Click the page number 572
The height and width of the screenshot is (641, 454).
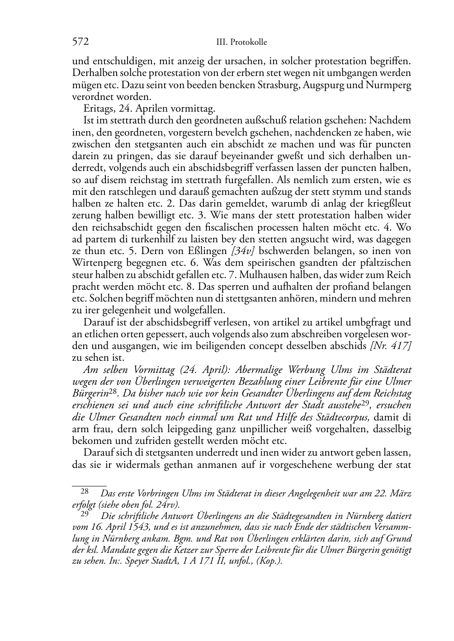point(80,42)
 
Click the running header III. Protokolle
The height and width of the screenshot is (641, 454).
point(242,42)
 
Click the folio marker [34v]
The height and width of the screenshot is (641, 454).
point(244,250)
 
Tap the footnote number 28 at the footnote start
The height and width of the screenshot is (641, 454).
point(85,491)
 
